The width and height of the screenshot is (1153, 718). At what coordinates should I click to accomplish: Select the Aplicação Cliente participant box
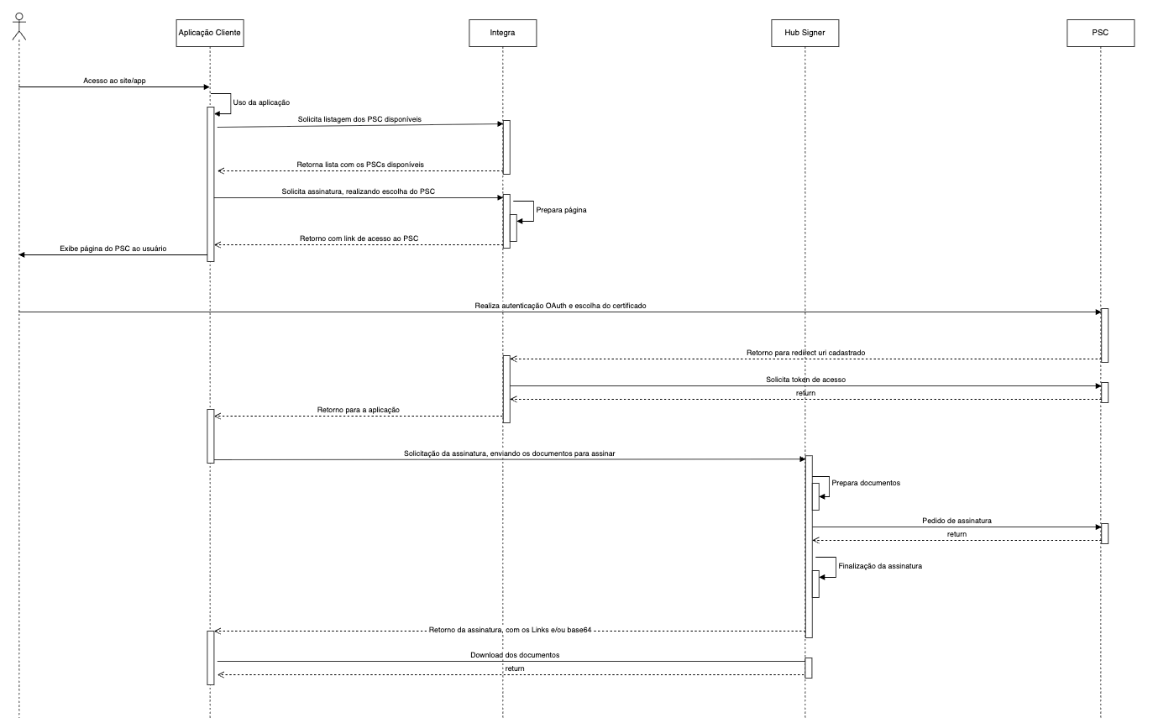coord(210,33)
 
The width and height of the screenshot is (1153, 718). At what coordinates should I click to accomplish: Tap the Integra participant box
coord(502,33)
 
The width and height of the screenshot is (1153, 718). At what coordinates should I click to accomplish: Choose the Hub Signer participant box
coord(804,33)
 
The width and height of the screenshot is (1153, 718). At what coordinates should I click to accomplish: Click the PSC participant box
coord(1100,33)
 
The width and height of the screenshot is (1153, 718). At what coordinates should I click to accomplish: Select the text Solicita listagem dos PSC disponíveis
coord(359,119)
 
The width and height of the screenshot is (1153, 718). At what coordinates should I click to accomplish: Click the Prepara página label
coord(561,210)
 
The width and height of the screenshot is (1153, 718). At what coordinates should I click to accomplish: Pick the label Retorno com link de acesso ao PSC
coord(359,238)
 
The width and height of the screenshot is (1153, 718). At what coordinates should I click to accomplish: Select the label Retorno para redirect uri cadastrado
coord(806,353)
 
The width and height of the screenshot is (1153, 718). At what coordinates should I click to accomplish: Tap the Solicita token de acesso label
coord(805,380)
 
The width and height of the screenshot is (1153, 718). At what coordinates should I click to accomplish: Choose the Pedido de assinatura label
coord(956,521)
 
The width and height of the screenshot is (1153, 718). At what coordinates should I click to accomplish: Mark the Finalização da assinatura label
coord(880,566)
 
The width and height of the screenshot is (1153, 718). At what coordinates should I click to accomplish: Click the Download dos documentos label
coord(509,654)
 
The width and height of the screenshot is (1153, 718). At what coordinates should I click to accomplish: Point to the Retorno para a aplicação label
coord(358,409)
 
